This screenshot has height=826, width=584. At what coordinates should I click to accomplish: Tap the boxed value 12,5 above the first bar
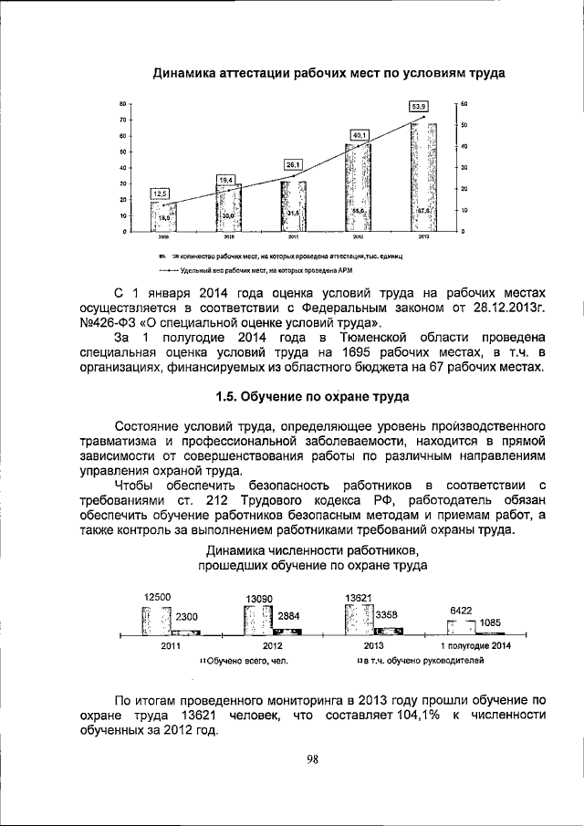click(x=160, y=193)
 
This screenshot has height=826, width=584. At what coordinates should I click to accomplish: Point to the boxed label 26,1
click(x=293, y=164)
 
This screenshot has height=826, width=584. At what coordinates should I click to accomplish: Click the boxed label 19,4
click(x=226, y=179)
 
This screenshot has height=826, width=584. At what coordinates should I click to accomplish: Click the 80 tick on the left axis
click(x=121, y=104)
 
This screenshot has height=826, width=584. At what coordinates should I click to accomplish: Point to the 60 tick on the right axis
click(x=464, y=104)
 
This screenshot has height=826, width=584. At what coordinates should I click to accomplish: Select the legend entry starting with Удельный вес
click(x=255, y=271)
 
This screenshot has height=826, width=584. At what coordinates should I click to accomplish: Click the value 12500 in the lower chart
click(x=157, y=597)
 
